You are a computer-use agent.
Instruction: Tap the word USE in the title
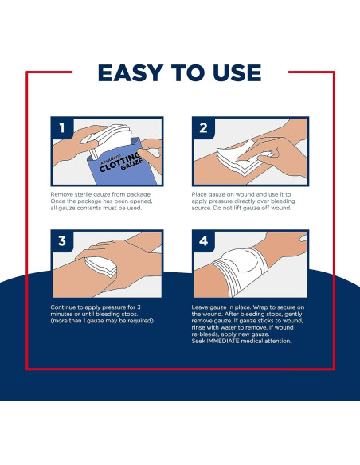click(x=237, y=72)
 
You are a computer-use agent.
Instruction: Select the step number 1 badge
click(x=62, y=128)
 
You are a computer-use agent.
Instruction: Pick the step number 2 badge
click(x=203, y=128)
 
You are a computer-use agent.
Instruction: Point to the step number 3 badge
click(x=62, y=240)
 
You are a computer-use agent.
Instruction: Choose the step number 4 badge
click(x=203, y=240)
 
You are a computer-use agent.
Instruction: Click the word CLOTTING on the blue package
click(x=119, y=162)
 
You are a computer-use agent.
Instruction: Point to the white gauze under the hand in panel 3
click(x=101, y=268)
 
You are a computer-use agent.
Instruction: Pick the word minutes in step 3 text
click(x=61, y=314)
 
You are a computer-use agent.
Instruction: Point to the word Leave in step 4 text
click(x=199, y=307)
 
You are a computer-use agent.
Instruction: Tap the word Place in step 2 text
click(x=198, y=194)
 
